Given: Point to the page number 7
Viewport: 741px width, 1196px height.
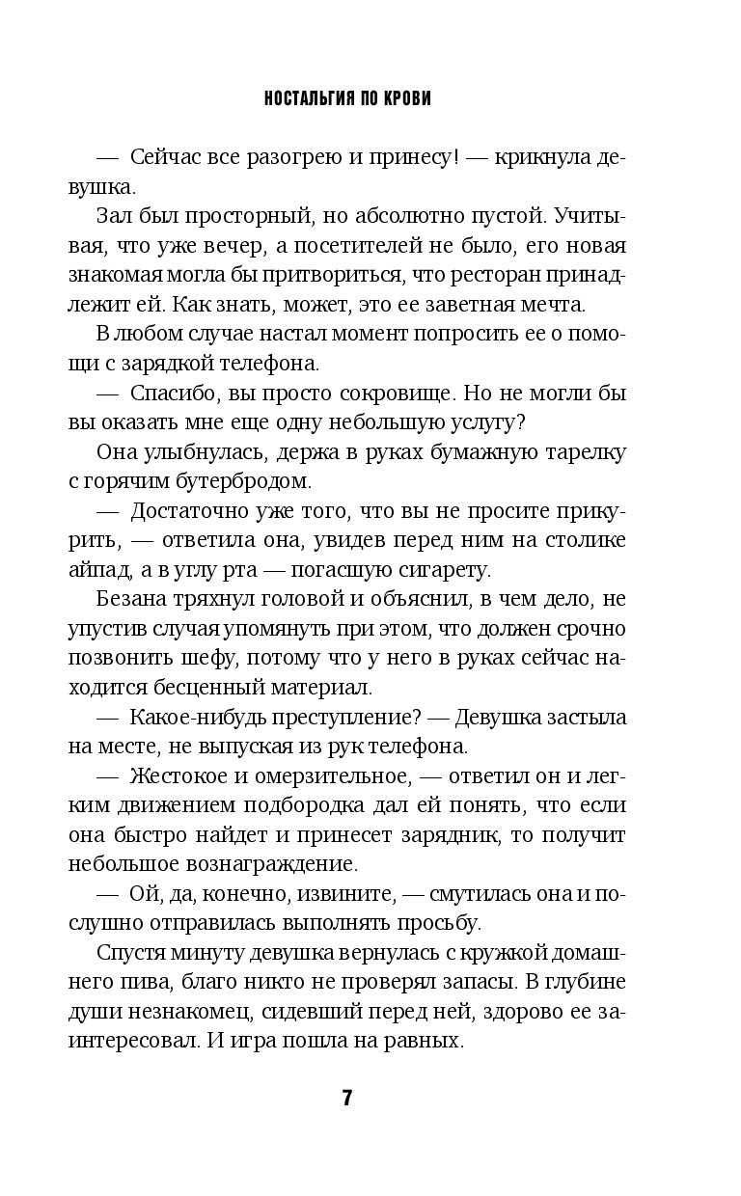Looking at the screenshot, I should point(348,1099).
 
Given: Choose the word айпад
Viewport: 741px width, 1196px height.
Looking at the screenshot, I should point(98,571).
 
